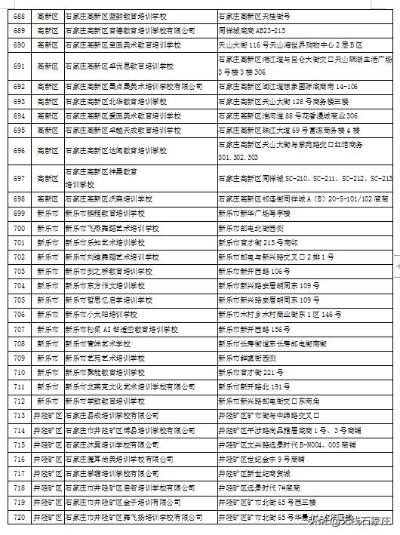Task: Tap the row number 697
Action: coord(19,178)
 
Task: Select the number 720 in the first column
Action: coord(19,517)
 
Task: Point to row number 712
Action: coord(19,401)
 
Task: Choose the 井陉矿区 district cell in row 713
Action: coord(47,415)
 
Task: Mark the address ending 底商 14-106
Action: coord(287,88)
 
